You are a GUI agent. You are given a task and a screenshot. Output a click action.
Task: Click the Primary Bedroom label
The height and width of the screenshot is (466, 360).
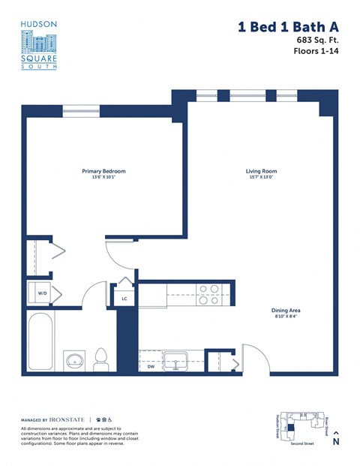pos(103,171)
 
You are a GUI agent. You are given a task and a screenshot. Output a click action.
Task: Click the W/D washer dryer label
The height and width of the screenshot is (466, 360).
pos(42,293)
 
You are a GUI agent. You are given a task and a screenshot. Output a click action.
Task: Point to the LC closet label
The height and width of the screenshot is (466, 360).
pos(124,298)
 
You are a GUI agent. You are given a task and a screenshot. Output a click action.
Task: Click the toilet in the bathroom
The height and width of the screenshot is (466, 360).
pos(102,359)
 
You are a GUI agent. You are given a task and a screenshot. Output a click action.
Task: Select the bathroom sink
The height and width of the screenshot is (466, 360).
pos(74,362)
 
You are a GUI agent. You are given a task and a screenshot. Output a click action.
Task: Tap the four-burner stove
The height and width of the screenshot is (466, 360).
pos(208,291)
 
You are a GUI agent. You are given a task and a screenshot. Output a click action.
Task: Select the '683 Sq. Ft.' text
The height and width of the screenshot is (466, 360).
pos(314,40)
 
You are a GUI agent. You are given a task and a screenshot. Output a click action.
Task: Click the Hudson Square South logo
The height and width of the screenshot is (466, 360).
pos(38,45)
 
